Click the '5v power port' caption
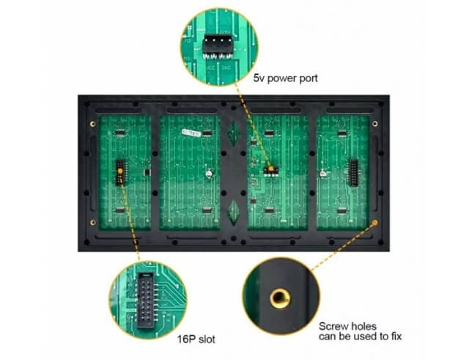pyautogui.click(x=285, y=78)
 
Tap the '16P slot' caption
pyautogui.click(x=196, y=339)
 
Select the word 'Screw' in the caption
pyautogui.click(x=333, y=326)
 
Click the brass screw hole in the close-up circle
pyautogui.click(x=280, y=298)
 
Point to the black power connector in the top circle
pyautogui.click(x=218, y=46)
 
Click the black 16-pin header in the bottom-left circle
pyautogui.click(x=146, y=300)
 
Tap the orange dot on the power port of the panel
pyautogui.click(x=271, y=169)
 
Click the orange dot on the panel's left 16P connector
pyautogui.click(x=120, y=171)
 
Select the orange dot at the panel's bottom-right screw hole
pyautogui.click(x=374, y=223)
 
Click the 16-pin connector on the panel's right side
pyautogui.click(x=353, y=173)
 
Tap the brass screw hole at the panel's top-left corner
pyautogui.click(x=93, y=124)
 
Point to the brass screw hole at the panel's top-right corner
pyautogui.click(x=374, y=124)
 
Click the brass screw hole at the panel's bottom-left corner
pyautogui.click(x=93, y=222)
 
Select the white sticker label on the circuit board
pyautogui.click(x=191, y=133)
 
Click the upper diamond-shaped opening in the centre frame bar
pyautogui.click(x=234, y=133)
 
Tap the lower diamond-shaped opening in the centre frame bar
pyautogui.click(x=234, y=212)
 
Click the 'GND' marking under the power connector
pyautogui.click(x=226, y=68)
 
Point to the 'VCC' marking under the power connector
pyautogui.click(x=210, y=68)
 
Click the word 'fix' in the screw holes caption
pyautogui.click(x=396, y=337)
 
